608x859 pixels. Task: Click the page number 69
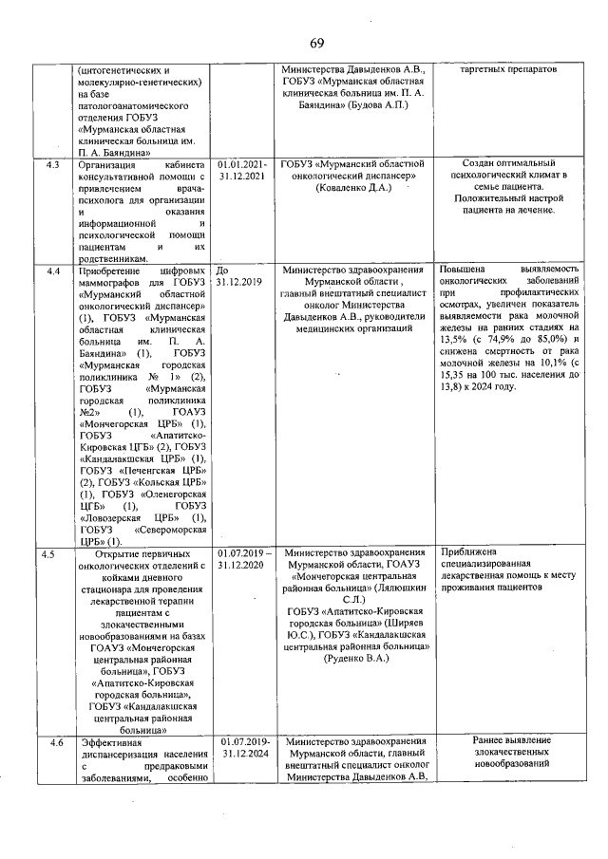pyautogui.click(x=316, y=41)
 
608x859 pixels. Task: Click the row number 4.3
pyautogui.click(x=54, y=165)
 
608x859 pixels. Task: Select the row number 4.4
pyautogui.click(x=54, y=271)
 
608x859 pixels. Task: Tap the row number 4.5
pyautogui.click(x=54, y=551)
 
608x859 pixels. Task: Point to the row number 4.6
pyautogui.click(x=56, y=742)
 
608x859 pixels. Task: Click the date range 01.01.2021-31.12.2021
pyautogui.click(x=242, y=171)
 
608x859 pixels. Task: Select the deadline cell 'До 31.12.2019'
pyautogui.click(x=237, y=276)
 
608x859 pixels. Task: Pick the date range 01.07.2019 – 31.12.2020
pyautogui.click(x=245, y=557)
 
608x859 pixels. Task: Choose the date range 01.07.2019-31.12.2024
pyautogui.click(x=244, y=748)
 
